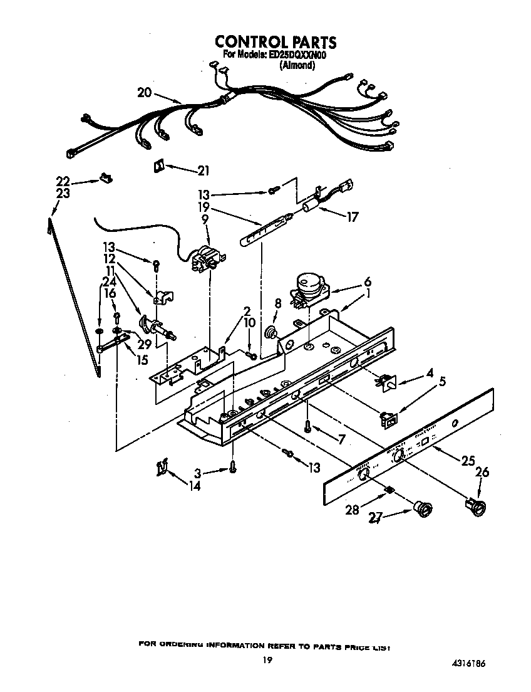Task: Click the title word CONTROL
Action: [x=249, y=43]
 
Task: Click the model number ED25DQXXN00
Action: [x=299, y=55]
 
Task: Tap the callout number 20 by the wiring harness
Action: [x=144, y=92]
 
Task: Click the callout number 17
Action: [x=352, y=218]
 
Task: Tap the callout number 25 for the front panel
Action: [x=468, y=461]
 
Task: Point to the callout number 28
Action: [x=352, y=510]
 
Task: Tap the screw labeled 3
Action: [x=234, y=466]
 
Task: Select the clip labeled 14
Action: [x=162, y=467]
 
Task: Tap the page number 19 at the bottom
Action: [x=267, y=659]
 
